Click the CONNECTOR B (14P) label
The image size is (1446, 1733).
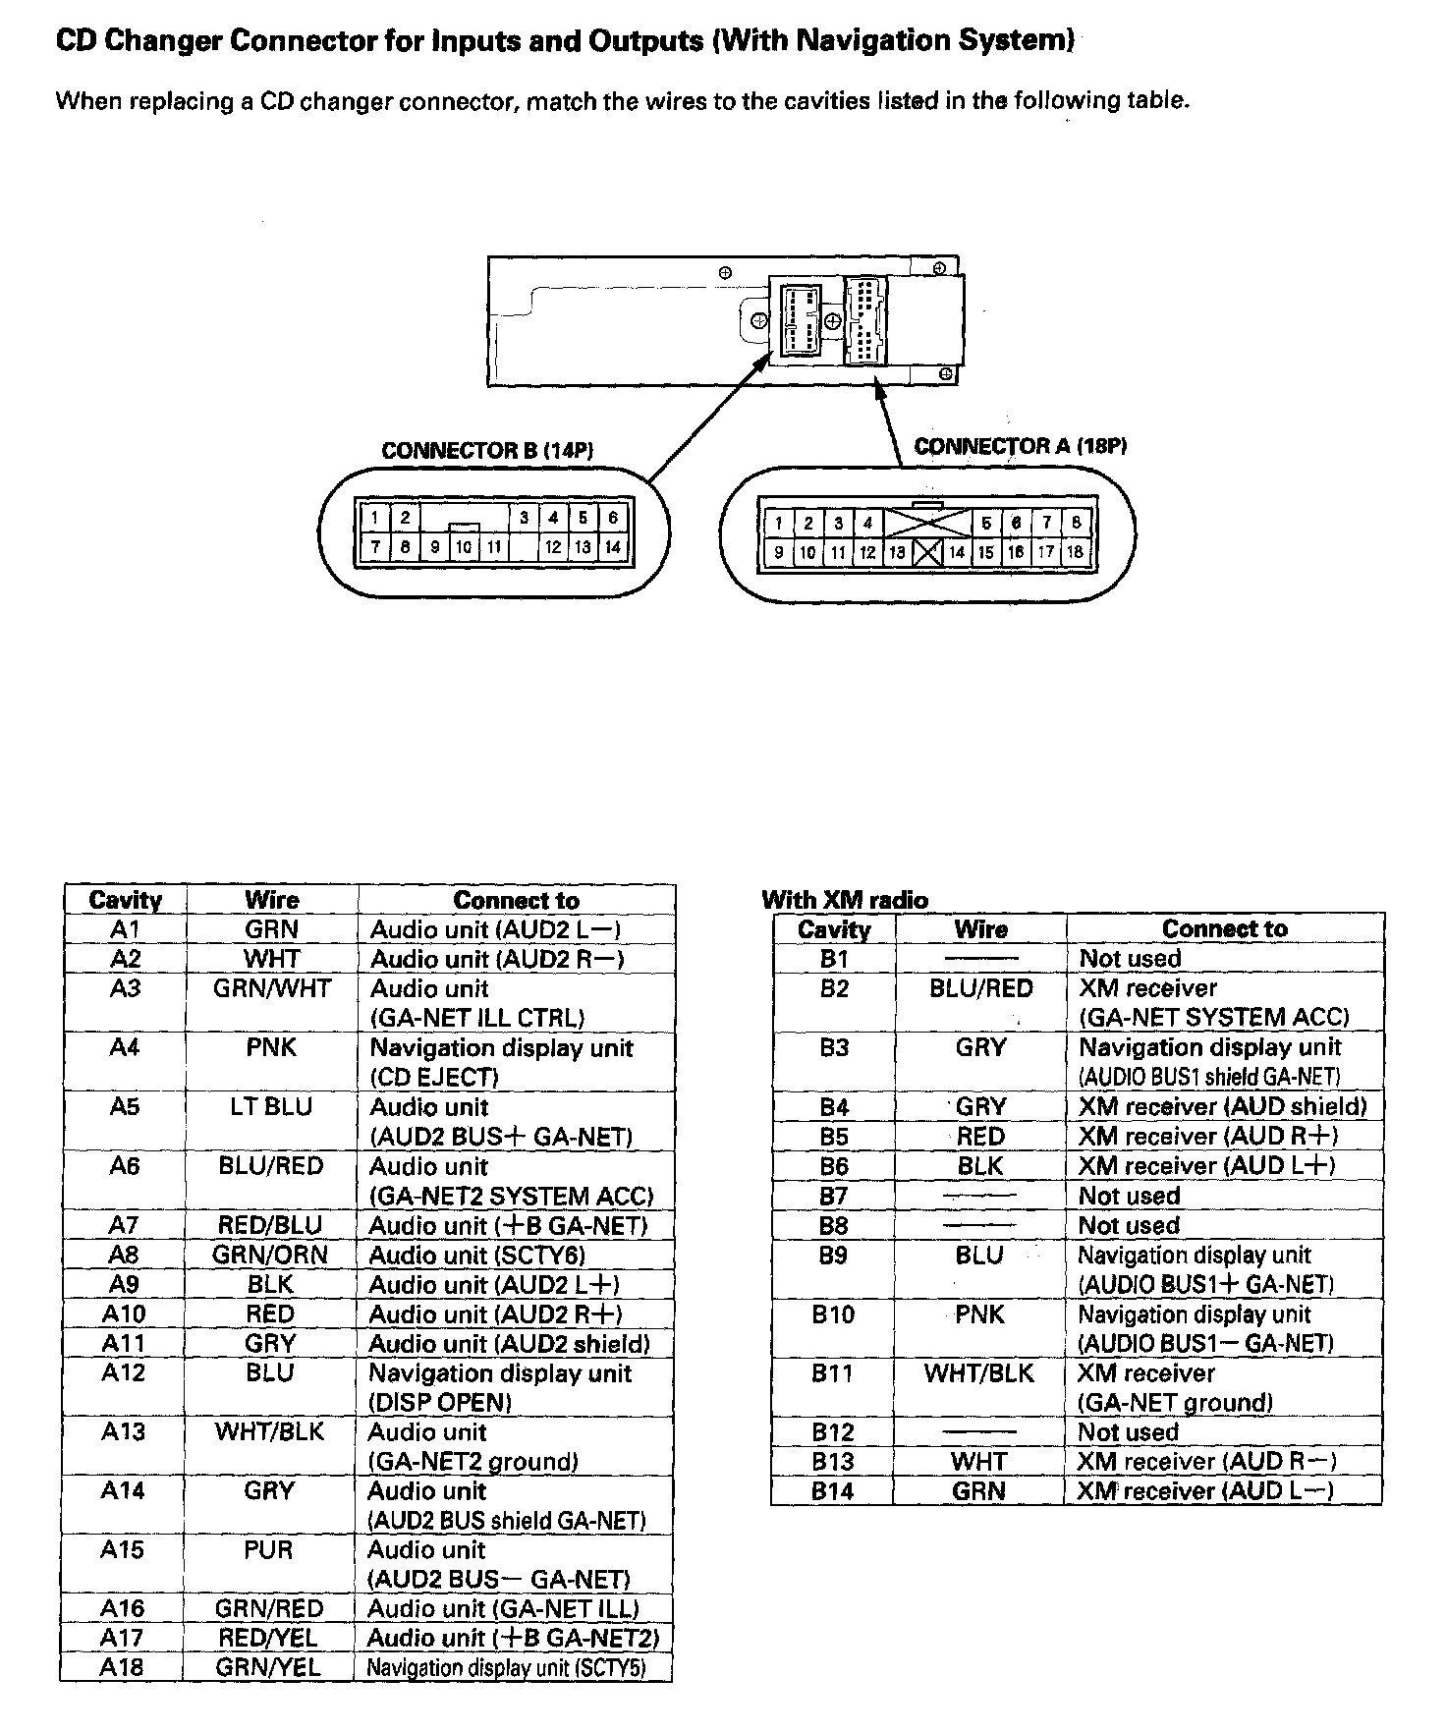point(487,451)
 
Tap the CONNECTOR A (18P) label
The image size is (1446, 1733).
point(1020,446)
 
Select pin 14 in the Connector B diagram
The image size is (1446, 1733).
point(613,547)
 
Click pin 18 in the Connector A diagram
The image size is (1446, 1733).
point(1075,552)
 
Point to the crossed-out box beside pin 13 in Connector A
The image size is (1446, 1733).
point(927,552)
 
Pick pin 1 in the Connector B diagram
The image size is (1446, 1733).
point(374,518)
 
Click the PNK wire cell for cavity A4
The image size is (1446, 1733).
point(271,1048)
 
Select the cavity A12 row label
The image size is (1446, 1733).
point(124,1372)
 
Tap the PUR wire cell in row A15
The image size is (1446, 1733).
point(269,1549)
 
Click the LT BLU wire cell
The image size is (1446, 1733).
point(271,1107)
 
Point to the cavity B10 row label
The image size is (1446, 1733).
point(833,1314)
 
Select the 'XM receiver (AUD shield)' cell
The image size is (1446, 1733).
point(1222,1107)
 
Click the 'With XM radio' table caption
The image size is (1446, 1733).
point(844,900)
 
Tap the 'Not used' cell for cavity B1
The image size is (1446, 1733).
point(1130,959)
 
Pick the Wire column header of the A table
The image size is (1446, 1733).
point(271,900)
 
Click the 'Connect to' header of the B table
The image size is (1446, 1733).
point(1224,929)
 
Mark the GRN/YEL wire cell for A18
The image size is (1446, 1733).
point(268,1667)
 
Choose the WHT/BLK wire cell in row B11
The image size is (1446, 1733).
point(978,1373)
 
